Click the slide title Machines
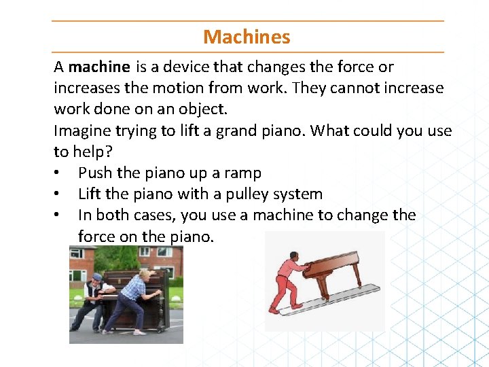coord(247,37)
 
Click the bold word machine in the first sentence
coord(99,67)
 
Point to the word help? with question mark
coord(90,152)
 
